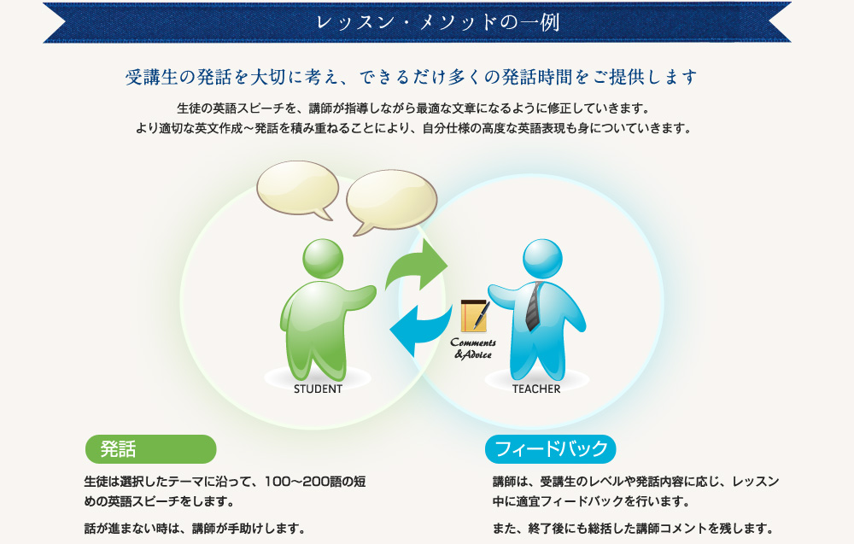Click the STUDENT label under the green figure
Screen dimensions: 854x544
(x=318, y=389)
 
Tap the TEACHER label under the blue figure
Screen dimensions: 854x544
(x=536, y=389)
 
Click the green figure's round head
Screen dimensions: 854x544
(x=323, y=259)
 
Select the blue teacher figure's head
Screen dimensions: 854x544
(x=542, y=259)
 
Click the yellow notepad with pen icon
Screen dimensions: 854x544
(x=475, y=316)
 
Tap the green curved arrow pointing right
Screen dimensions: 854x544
(x=417, y=266)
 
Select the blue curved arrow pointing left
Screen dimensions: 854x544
(x=420, y=330)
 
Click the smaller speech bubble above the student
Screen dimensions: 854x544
(x=298, y=189)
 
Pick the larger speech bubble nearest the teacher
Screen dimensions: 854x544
(x=391, y=201)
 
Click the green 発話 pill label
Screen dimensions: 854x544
(x=151, y=449)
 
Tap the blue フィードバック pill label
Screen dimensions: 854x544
(x=551, y=449)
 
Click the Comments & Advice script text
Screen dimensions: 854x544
(x=473, y=348)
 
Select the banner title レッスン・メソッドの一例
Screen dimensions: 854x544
(x=438, y=22)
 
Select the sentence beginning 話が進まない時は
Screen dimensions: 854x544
(x=195, y=529)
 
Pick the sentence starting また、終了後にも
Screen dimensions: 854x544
(x=633, y=529)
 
